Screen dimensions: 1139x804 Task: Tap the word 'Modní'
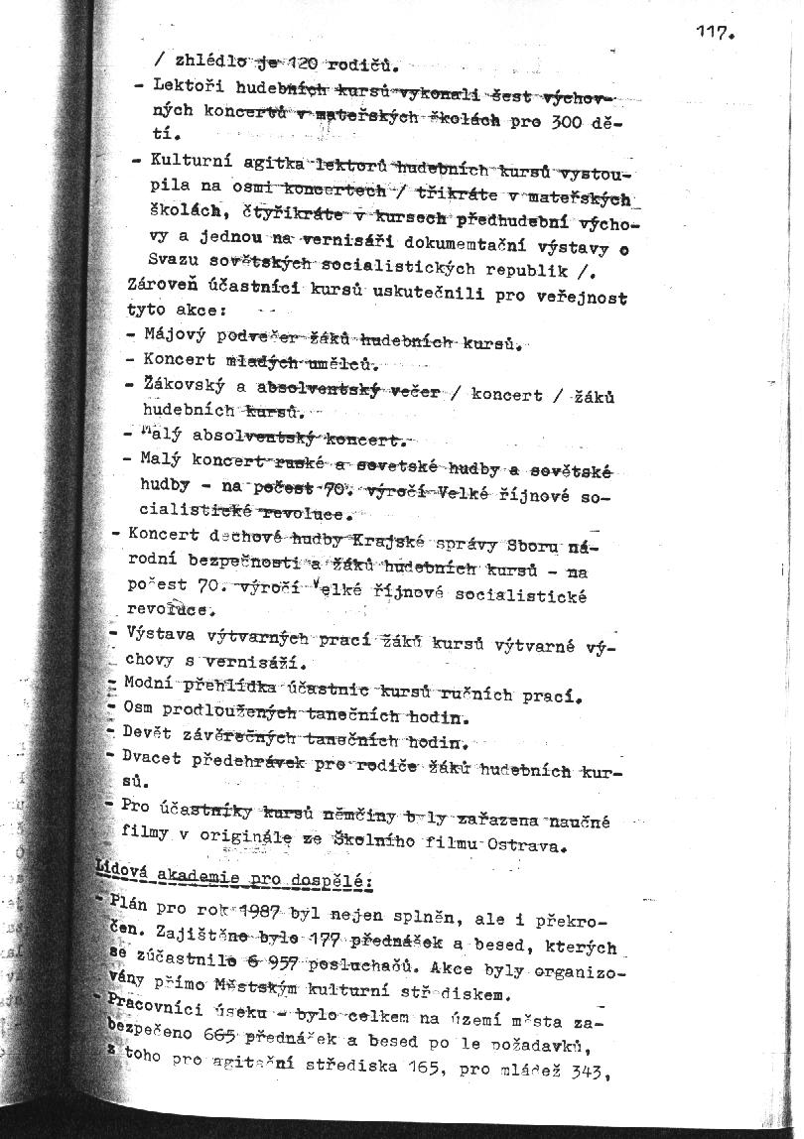coord(150,683)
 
